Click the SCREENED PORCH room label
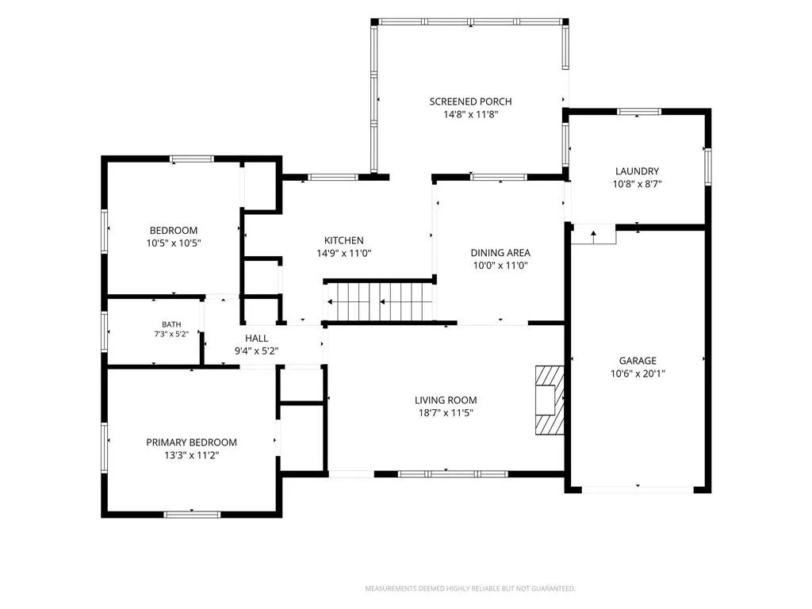tap(470, 101)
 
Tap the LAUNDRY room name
tap(637, 171)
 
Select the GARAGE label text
tap(638, 361)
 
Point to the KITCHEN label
tap(344, 240)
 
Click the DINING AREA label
tap(500, 253)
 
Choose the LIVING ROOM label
tap(446, 400)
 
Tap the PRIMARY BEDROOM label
tap(192, 442)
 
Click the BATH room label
tap(171, 324)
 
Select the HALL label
tap(256, 338)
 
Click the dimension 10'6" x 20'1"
tap(638, 373)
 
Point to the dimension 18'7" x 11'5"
tap(446, 412)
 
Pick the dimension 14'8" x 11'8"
tap(470, 114)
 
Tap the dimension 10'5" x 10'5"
tap(174, 243)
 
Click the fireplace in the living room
tap(550, 400)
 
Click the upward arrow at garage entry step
tap(593, 236)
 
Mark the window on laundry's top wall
tap(639, 111)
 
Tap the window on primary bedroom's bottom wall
tap(192, 514)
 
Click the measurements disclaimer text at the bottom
tap(470, 588)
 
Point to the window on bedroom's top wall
tap(192, 159)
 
